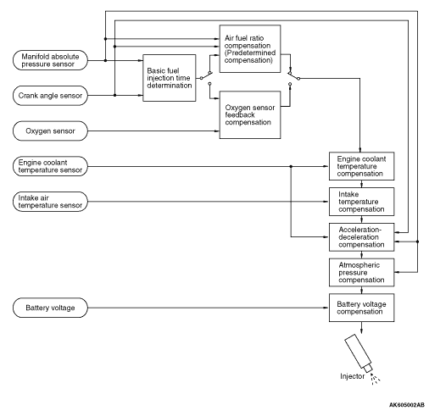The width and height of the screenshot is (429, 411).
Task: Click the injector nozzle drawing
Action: (x=359, y=354)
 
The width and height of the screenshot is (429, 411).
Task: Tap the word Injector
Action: (x=353, y=376)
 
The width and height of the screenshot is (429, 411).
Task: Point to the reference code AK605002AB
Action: (x=407, y=405)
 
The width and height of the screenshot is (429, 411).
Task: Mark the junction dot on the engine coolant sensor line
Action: (x=291, y=166)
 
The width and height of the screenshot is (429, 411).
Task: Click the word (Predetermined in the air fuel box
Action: (x=250, y=53)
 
